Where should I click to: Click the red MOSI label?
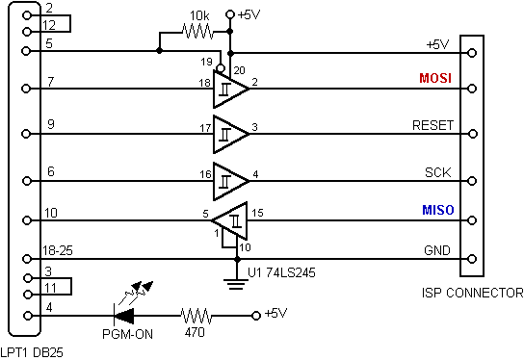(435, 78)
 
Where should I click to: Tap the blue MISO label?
(438, 210)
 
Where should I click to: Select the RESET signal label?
(432, 125)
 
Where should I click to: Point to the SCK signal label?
(437, 172)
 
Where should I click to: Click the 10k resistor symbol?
(197, 32)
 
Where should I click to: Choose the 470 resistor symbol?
(196, 316)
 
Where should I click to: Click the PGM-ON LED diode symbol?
(124, 316)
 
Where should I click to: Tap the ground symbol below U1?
(236, 284)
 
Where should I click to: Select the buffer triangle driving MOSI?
(230, 89)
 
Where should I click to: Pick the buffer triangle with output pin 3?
(230, 134)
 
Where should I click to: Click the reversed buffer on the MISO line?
(230, 220)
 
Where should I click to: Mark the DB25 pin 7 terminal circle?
(26, 89)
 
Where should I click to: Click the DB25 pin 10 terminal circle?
(26, 220)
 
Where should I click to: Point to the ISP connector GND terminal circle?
(472, 259)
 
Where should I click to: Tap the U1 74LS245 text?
(281, 272)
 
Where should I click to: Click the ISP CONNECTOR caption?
(473, 293)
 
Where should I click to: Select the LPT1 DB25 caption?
(32, 352)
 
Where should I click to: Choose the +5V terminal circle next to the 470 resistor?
(256, 316)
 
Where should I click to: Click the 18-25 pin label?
(58, 250)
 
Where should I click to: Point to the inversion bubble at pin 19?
(221, 68)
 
